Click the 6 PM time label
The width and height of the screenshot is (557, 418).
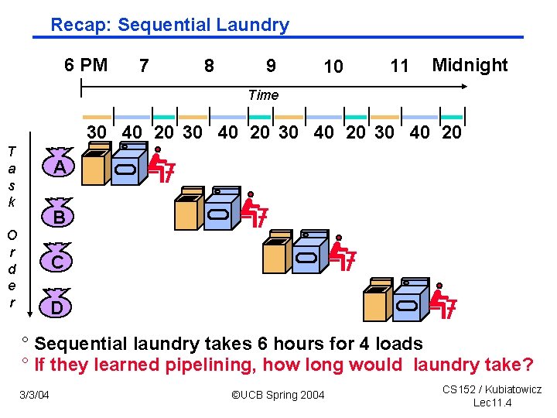(x=86, y=65)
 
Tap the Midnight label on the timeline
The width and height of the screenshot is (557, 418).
(x=470, y=65)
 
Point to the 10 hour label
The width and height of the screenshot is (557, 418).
(x=333, y=67)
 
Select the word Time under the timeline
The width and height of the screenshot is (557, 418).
(x=263, y=95)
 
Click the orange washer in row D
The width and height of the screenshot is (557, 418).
(x=377, y=300)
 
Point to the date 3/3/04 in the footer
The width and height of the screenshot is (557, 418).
(x=34, y=396)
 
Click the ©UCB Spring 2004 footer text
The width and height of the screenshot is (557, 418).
(x=278, y=396)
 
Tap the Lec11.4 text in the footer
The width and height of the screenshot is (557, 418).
(x=492, y=403)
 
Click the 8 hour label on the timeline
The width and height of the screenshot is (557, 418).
(x=209, y=67)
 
